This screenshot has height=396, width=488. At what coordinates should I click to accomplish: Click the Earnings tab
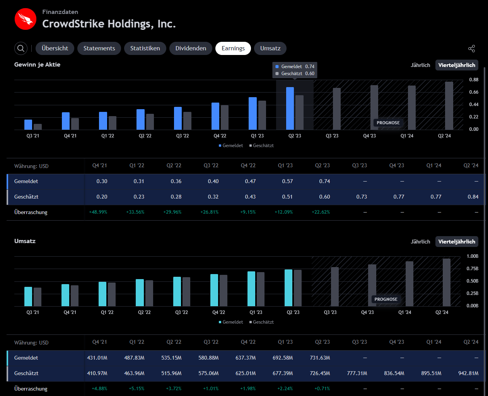(x=233, y=48)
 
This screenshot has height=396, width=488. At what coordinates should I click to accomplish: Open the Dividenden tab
(x=191, y=48)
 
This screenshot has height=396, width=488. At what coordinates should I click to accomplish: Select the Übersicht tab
(x=55, y=48)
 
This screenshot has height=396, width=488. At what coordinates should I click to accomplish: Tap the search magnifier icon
(x=21, y=48)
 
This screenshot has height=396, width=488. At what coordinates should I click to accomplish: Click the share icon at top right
(x=471, y=48)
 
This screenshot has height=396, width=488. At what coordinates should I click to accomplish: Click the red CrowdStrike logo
(x=26, y=19)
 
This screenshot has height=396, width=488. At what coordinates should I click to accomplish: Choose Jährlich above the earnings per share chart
(x=420, y=65)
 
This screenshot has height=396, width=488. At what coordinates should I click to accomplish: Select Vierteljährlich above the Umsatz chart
(x=457, y=242)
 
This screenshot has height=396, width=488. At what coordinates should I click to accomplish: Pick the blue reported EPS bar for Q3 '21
(x=28, y=125)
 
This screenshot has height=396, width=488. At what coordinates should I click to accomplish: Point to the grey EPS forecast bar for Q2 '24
(x=449, y=106)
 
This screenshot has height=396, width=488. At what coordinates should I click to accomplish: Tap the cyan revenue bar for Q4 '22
(x=214, y=290)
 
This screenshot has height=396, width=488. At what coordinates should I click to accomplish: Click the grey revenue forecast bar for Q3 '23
(x=335, y=287)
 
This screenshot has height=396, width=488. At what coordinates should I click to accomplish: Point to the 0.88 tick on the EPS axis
(x=474, y=80)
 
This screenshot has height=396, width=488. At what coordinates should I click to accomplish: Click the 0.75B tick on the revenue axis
(x=473, y=269)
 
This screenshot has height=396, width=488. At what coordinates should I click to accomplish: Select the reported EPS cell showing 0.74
(x=324, y=181)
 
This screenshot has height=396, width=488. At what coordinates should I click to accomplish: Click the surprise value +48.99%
(x=98, y=212)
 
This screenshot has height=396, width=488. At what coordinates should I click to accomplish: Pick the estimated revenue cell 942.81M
(x=468, y=373)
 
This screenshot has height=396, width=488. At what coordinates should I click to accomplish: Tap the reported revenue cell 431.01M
(x=97, y=358)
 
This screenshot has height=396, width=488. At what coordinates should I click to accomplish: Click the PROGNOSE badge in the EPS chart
(x=388, y=123)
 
